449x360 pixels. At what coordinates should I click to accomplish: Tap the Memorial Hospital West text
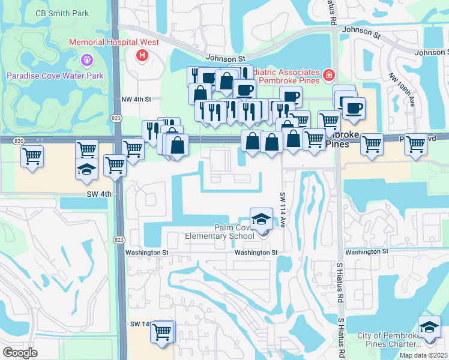[x=114, y=43]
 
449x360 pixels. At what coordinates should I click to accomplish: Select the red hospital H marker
[x=142, y=56]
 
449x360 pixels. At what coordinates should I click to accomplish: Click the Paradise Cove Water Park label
[x=55, y=76]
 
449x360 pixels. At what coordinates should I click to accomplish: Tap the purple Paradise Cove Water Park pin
[x=86, y=60]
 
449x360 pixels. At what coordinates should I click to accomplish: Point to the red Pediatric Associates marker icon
[x=328, y=75]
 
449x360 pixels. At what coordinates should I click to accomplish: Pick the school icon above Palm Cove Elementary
[x=261, y=219]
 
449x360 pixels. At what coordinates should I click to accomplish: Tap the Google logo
[x=20, y=353]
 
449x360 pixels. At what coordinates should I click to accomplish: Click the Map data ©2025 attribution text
[x=424, y=355]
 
